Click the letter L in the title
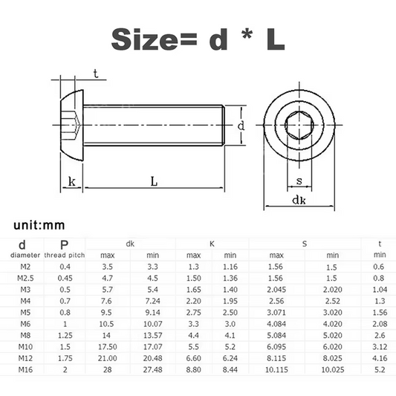click(276, 39)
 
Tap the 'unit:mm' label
click(39, 225)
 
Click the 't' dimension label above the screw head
click(96, 74)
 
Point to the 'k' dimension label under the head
click(72, 181)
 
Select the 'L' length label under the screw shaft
click(154, 181)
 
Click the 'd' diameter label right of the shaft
click(241, 126)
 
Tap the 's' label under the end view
click(299, 181)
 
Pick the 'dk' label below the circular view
click(299, 200)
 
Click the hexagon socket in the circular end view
click(299, 125)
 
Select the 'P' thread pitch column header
click(65, 244)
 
